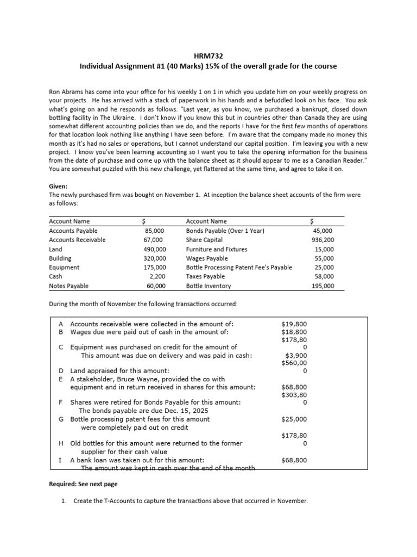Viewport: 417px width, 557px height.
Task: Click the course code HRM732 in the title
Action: coord(208,56)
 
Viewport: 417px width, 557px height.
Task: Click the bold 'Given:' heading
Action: coord(59,185)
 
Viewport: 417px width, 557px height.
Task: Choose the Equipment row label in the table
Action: coord(64,268)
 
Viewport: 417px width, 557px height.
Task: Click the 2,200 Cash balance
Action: coord(157,276)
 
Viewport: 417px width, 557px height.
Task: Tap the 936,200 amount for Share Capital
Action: coord(323,240)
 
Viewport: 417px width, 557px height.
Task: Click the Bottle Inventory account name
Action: coord(208,286)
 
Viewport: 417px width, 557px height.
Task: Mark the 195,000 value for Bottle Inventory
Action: coord(323,286)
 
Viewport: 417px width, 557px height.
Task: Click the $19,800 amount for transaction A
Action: coord(294,323)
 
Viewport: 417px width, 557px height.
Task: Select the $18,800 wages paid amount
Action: coord(294,332)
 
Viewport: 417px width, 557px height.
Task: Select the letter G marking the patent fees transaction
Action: coord(61,419)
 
